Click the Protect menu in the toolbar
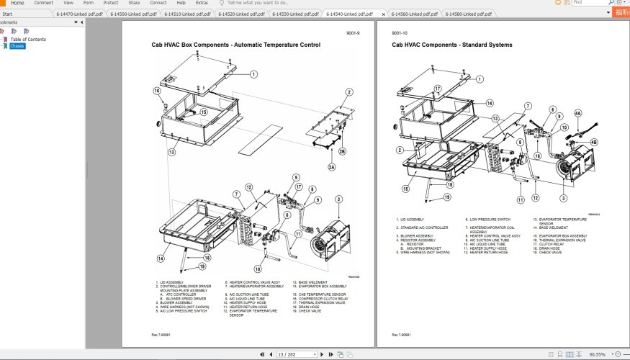tap(111, 3)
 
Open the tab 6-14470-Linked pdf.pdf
tap(79, 14)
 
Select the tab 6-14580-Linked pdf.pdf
tap(467, 14)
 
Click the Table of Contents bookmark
tap(28, 40)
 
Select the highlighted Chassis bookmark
tap(17, 46)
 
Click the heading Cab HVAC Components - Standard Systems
tap(452, 45)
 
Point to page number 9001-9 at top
tap(354, 33)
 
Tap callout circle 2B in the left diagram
tap(342, 151)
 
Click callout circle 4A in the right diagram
tap(577, 113)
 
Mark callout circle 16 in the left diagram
tap(156, 91)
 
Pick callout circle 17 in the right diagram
tap(437, 89)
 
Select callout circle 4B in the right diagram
tap(594, 143)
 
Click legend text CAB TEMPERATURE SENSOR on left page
tap(323, 294)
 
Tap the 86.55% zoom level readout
tap(597, 354)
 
